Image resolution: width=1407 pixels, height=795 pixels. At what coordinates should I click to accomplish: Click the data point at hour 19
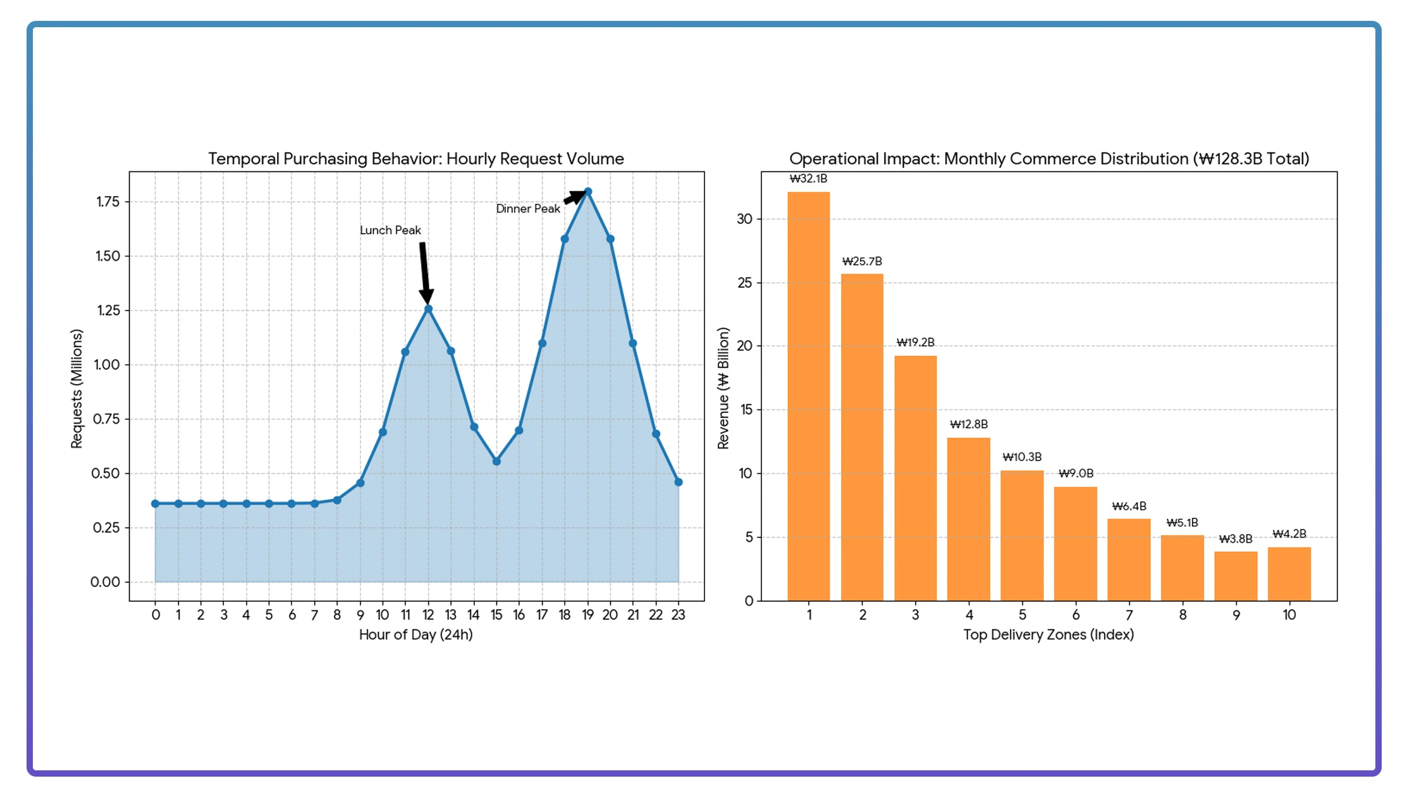pyautogui.click(x=587, y=192)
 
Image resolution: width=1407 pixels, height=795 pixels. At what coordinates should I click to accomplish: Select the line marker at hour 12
pyautogui.click(x=428, y=309)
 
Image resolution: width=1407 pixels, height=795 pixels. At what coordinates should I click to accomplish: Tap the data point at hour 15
pyautogui.click(x=496, y=462)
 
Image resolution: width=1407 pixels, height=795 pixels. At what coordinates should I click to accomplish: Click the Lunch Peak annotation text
pyautogui.click(x=390, y=230)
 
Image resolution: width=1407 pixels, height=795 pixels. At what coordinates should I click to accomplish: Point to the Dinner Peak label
pyautogui.click(x=527, y=209)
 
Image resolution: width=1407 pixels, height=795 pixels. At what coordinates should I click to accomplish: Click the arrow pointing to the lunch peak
pyautogui.click(x=424, y=272)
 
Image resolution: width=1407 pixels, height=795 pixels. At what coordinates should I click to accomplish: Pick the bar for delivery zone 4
pyautogui.click(x=968, y=519)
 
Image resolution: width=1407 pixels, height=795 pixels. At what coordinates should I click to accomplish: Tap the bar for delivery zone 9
pyautogui.click(x=1235, y=576)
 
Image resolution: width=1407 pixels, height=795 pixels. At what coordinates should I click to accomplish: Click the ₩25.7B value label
pyautogui.click(x=862, y=261)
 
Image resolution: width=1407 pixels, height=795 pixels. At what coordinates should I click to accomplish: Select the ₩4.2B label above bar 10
pyautogui.click(x=1289, y=534)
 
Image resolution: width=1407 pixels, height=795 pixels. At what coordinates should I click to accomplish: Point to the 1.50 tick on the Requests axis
pyautogui.click(x=108, y=256)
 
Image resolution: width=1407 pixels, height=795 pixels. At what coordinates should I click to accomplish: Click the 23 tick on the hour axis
pyautogui.click(x=678, y=615)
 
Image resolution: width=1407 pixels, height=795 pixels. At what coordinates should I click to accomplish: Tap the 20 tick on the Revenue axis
pyautogui.click(x=745, y=346)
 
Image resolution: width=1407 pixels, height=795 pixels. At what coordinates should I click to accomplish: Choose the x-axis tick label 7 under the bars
pyautogui.click(x=1129, y=615)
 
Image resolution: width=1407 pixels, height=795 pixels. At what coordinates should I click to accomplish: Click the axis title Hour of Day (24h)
pyautogui.click(x=415, y=634)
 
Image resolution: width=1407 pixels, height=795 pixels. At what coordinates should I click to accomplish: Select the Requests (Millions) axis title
pyautogui.click(x=77, y=389)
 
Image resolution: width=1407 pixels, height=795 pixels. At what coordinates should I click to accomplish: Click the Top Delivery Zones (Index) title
pyautogui.click(x=1048, y=634)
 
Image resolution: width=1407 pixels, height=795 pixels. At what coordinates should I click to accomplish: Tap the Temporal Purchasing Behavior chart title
pyautogui.click(x=415, y=159)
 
